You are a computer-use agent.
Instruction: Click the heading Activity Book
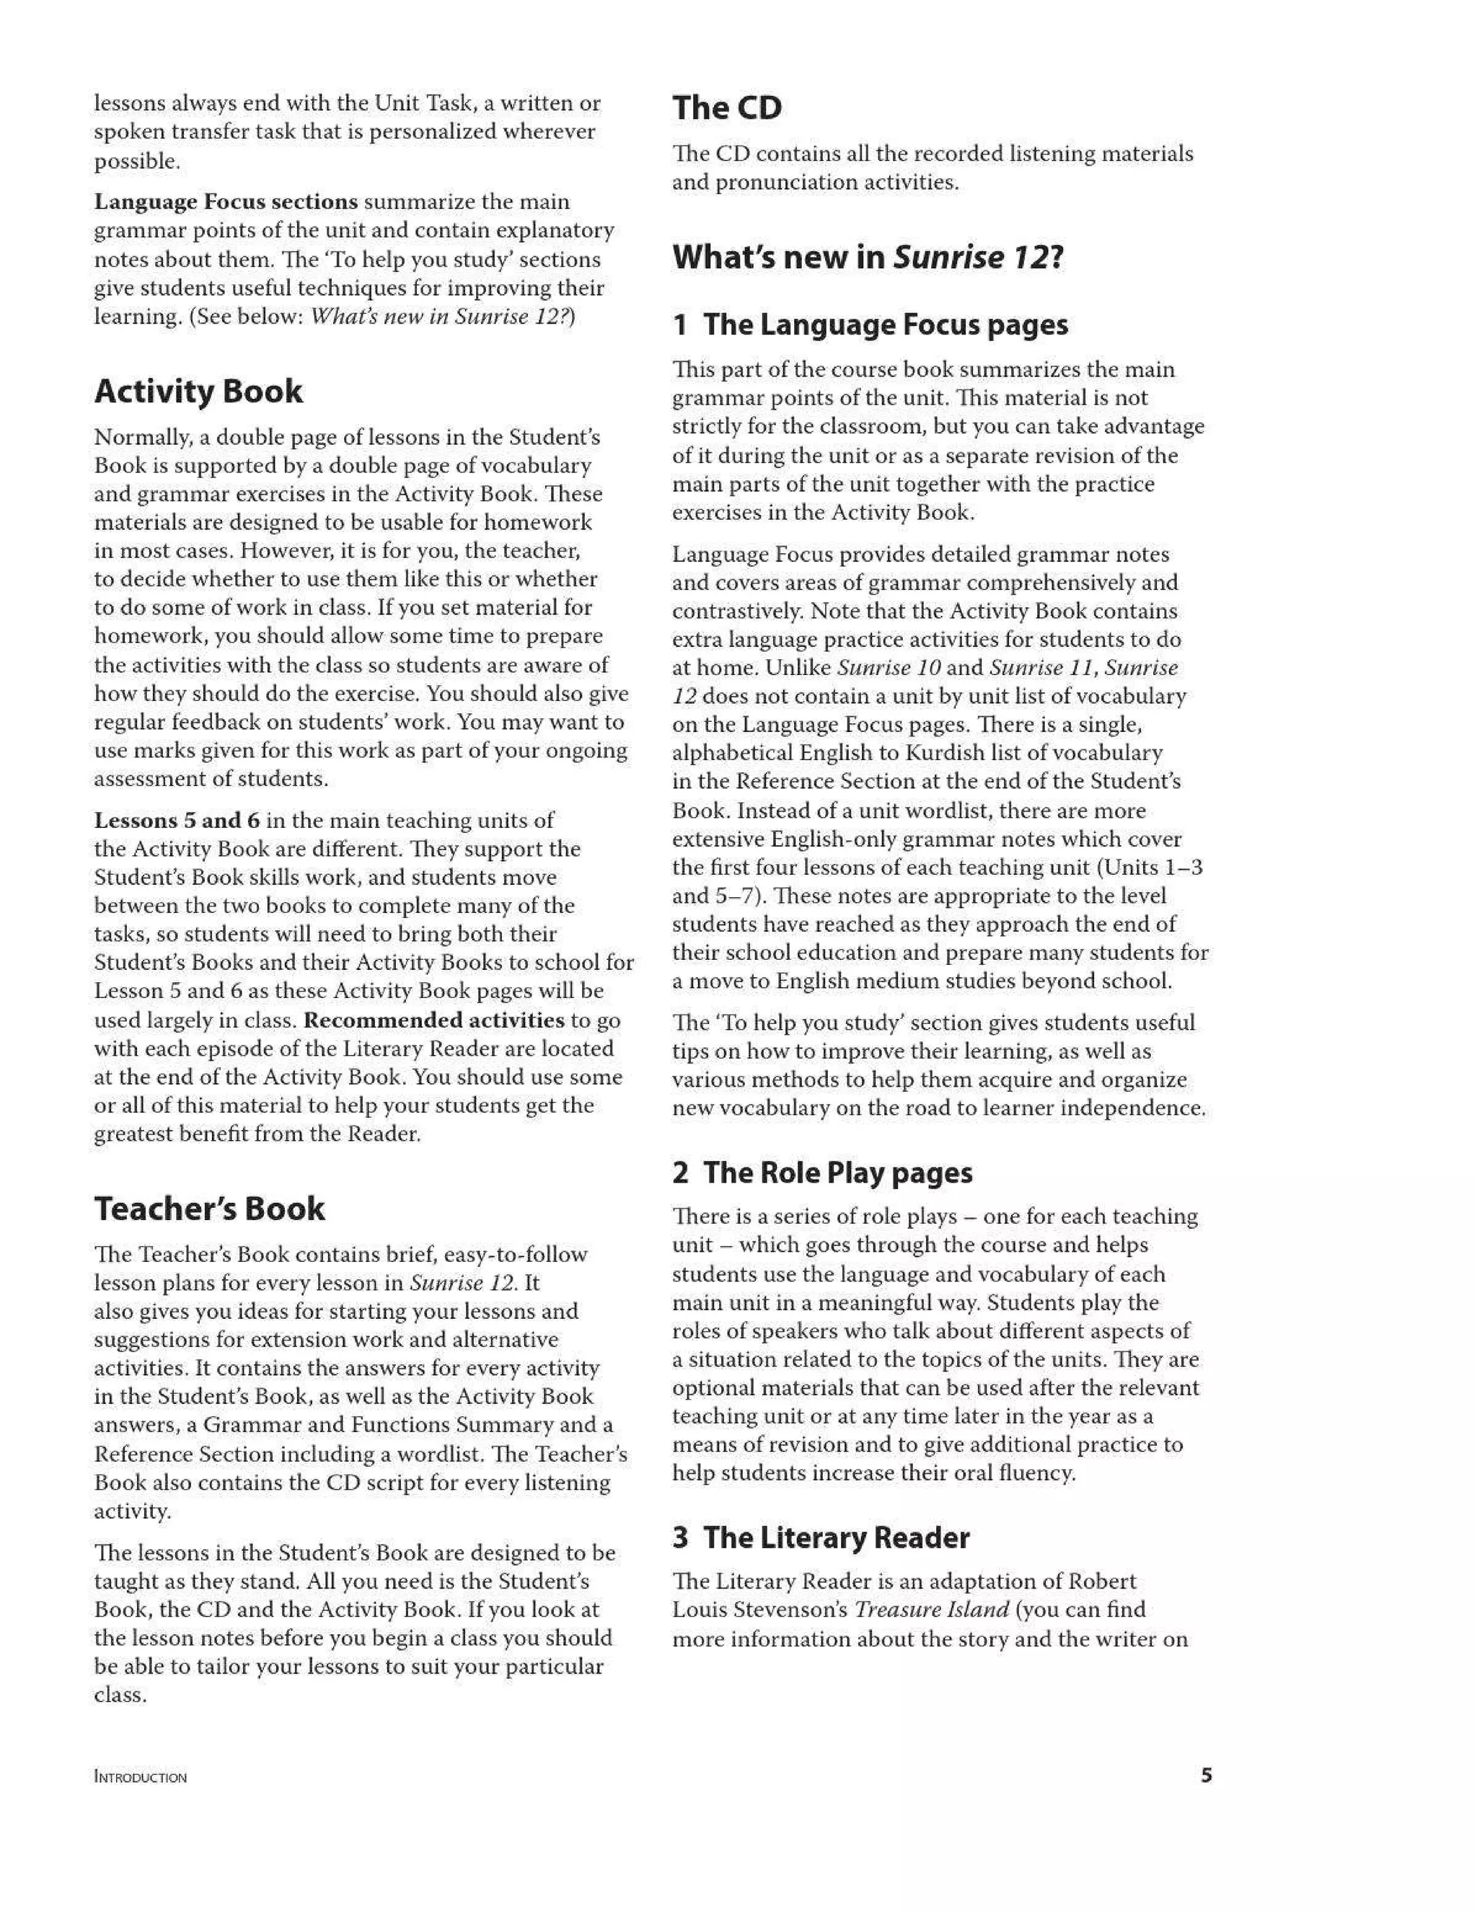(198, 391)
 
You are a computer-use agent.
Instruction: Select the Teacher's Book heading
(209, 1209)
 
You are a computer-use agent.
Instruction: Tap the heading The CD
(727, 107)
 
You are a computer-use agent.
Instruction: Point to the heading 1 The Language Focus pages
(870, 325)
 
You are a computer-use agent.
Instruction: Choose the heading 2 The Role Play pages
(821, 1173)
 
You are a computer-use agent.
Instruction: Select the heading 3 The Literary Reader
(821, 1537)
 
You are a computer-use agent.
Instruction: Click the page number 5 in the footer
(1206, 1775)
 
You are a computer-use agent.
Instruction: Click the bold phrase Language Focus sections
(226, 202)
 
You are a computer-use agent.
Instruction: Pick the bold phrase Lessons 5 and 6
(177, 820)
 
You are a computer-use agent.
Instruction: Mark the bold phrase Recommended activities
(434, 1020)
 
